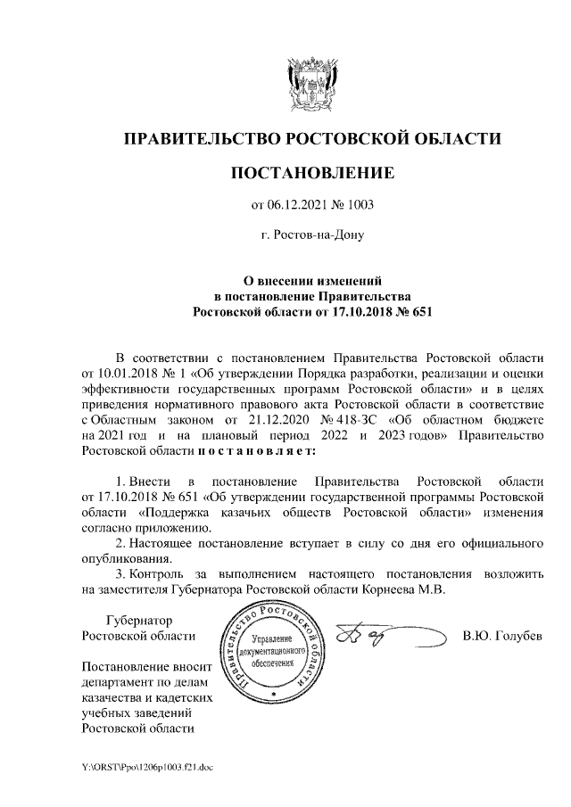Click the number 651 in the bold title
coord(415,311)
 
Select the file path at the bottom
coord(141,767)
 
